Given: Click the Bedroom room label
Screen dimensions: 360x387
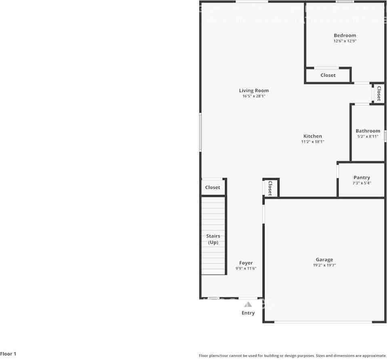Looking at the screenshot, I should [x=345, y=36].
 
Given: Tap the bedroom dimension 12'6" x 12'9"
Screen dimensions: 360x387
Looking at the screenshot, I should [x=345, y=41].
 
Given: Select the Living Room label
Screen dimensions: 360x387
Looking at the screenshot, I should [x=254, y=91].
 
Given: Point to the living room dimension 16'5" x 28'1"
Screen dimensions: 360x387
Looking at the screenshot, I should [x=254, y=96].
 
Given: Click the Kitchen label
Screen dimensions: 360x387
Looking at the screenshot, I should [x=313, y=136].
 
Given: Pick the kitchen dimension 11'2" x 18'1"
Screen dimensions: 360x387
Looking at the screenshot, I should [x=313, y=142].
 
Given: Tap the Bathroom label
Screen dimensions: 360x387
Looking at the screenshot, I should [x=368, y=131].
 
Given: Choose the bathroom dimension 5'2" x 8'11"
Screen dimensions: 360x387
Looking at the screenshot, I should [x=368, y=137].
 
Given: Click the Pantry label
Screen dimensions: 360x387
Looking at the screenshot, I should [x=362, y=178].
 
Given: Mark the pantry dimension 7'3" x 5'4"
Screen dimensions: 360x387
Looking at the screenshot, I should [x=362, y=183].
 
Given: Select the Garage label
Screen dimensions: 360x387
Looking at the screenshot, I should [x=324, y=260].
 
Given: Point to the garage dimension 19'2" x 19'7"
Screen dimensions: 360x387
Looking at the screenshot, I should [x=324, y=266].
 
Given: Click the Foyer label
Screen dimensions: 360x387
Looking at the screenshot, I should [x=246, y=263].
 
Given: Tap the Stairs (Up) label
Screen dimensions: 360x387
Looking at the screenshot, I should [x=213, y=239].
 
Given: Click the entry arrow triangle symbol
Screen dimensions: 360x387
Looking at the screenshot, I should [x=248, y=304].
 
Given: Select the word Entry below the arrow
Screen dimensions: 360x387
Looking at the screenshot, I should [x=248, y=313].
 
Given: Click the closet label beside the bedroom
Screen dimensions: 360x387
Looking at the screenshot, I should [x=328, y=75].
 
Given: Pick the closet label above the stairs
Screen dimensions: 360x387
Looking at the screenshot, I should [x=212, y=188].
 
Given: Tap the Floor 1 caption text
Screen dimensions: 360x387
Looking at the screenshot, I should [x=8, y=354].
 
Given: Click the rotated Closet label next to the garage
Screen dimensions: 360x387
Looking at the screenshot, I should [x=270, y=188].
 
